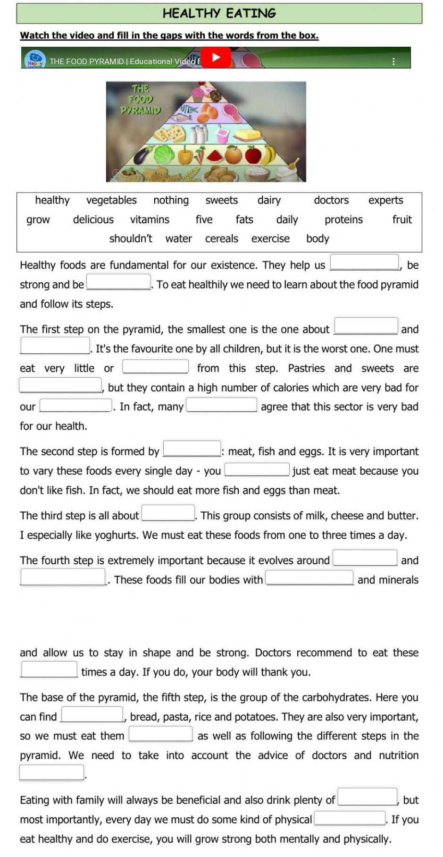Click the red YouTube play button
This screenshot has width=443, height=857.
[x=216, y=58]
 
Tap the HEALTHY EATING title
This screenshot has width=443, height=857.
[x=219, y=13]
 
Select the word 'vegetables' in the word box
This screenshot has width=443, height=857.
[x=111, y=200]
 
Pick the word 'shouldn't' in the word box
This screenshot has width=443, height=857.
[x=131, y=238]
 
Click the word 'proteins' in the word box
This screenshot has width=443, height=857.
[x=343, y=220]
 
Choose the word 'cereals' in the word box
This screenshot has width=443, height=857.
[x=221, y=238]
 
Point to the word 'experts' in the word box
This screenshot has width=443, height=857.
[x=385, y=200]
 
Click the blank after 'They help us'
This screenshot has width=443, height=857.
[x=364, y=262]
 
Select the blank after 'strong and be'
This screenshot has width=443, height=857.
[x=118, y=282]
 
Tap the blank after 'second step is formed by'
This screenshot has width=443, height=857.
[x=192, y=449]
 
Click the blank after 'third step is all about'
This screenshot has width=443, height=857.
[x=168, y=513]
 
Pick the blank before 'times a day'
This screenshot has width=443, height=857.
[x=49, y=669]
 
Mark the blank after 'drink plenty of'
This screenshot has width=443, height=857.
[x=368, y=797]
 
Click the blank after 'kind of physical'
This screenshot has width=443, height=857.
[x=350, y=818]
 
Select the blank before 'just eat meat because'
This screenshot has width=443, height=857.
[x=257, y=469]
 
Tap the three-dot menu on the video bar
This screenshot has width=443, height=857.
[x=393, y=61]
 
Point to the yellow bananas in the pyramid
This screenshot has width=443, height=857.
[x=269, y=154]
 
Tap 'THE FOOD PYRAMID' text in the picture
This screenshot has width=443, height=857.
[x=140, y=99]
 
